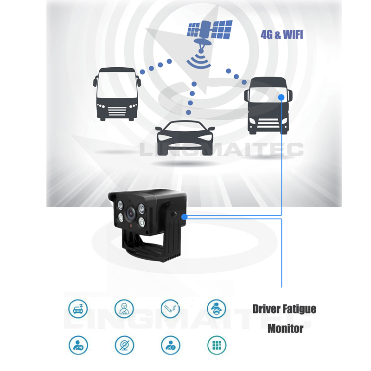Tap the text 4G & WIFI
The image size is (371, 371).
click(x=282, y=35)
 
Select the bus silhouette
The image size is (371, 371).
click(x=117, y=94)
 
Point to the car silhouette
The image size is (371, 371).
click(x=185, y=138)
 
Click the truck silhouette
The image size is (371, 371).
click(x=268, y=106)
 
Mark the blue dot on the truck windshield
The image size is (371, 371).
click(x=281, y=97)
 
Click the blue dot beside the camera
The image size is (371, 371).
click(x=185, y=217)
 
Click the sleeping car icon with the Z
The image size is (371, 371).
click(x=78, y=309)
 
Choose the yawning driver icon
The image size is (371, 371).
click(x=124, y=309)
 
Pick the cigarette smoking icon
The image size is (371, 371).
click(x=170, y=309)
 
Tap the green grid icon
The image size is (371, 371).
click(x=217, y=345)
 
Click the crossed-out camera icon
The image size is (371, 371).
click(x=124, y=345)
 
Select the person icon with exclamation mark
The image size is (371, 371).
click(x=170, y=345)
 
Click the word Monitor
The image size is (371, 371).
click(x=285, y=329)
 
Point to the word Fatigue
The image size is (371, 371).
click(x=299, y=309)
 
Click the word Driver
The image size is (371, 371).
click(x=266, y=309)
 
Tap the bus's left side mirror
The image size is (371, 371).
click(x=95, y=81)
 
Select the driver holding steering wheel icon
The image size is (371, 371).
click(x=217, y=309)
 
